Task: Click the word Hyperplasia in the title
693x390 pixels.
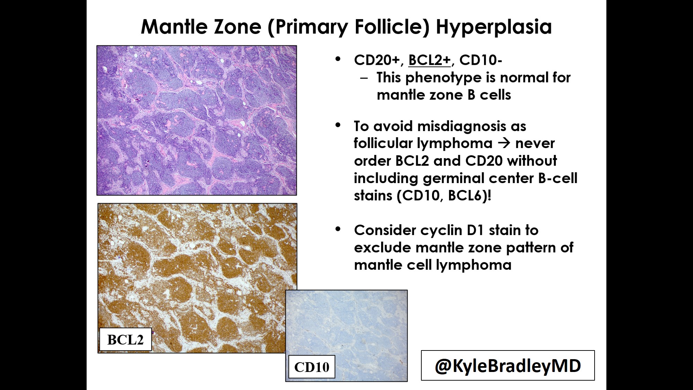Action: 493,27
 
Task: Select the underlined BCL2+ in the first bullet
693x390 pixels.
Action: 430,60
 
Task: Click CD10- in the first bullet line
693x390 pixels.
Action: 481,60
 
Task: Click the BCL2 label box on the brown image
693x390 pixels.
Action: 125,339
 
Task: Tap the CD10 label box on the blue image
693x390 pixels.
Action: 312,367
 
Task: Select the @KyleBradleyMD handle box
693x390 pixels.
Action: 508,365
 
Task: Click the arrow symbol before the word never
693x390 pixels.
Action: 504,143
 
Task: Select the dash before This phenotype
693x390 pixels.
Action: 364,78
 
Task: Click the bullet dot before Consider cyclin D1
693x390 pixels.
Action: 338,229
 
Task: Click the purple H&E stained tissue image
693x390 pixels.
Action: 196,120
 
